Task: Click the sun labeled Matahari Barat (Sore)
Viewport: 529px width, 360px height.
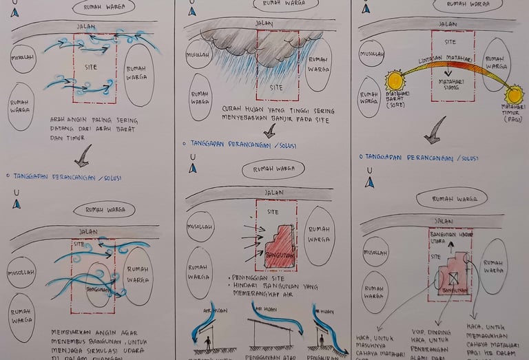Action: coord(395,81)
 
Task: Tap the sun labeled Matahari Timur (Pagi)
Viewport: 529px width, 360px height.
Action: coord(513,94)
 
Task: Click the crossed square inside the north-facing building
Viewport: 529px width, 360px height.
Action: coord(453,279)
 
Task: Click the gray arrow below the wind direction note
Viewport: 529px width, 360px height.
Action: coord(83,156)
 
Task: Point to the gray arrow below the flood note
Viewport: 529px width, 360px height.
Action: coord(269,131)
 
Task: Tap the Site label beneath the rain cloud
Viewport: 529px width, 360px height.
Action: coord(276,87)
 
